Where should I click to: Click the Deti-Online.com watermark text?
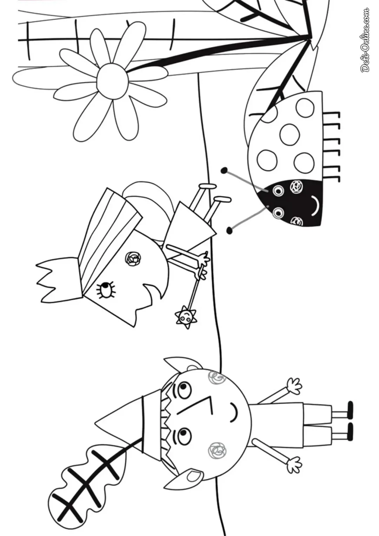pyautogui.click(x=364, y=40)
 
